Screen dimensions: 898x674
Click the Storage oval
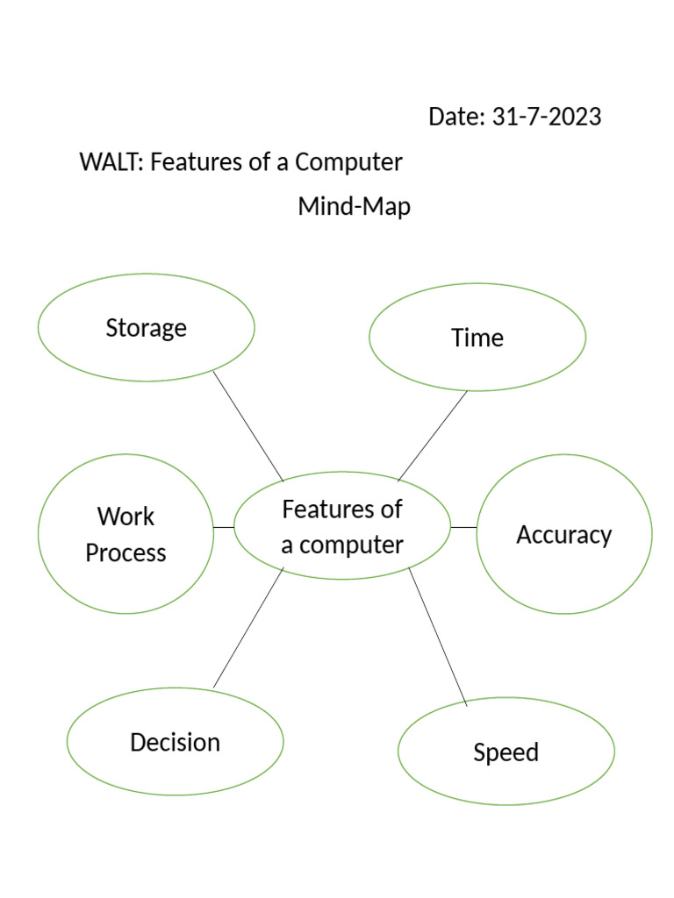tap(146, 328)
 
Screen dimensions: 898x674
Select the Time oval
tap(477, 338)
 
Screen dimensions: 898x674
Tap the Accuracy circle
tap(564, 534)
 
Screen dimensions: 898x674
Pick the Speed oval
tap(505, 752)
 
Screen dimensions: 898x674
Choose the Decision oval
tap(175, 742)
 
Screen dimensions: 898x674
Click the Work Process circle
tap(125, 534)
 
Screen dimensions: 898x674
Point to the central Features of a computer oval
tap(342, 526)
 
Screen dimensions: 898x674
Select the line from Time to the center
tap(434, 435)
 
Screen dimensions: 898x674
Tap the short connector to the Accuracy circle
tap(463, 527)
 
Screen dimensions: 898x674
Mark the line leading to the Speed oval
tap(438, 637)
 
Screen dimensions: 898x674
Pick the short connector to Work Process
tap(224, 527)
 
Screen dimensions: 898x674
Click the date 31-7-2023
tap(547, 117)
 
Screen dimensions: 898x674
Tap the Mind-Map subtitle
tap(355, 208)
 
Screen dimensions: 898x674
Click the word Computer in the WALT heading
tap(348, 162)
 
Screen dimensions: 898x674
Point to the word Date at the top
tap(455, 117)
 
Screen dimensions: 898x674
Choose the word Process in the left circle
tap(125, 553)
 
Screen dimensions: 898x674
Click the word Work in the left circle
tap(125, 517)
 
